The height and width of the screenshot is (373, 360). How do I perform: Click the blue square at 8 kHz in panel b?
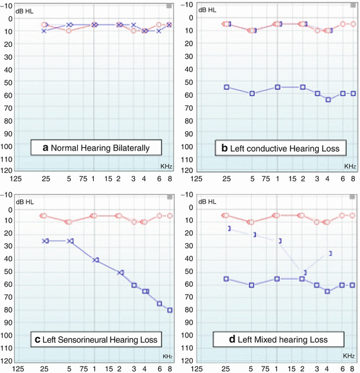coord(353,93)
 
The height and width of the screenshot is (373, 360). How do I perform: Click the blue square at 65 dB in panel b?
coord(328,100)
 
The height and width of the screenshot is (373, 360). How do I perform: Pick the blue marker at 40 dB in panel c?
coord(96,260)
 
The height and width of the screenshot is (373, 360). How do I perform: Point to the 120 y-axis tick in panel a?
coord(8,170)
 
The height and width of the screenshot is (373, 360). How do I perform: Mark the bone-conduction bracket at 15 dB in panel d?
coord(229,228)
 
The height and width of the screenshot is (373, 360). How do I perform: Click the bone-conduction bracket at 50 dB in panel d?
coord(305,273)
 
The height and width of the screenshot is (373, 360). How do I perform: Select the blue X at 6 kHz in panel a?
coord(159,31)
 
